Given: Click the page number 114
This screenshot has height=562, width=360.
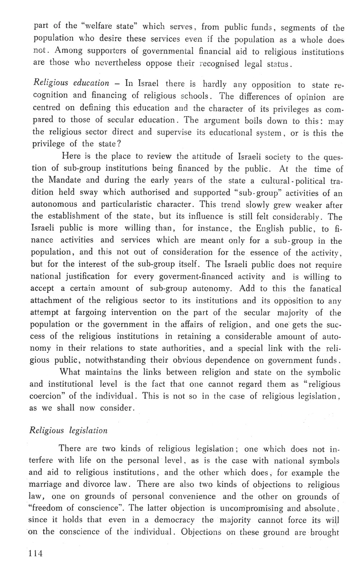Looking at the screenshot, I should pos(36,553).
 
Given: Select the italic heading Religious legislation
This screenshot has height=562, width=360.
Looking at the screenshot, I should pos(68,430).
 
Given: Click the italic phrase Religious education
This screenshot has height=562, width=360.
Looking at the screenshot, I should pos(71,83).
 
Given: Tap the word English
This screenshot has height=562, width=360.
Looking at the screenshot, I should pos(270,228).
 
